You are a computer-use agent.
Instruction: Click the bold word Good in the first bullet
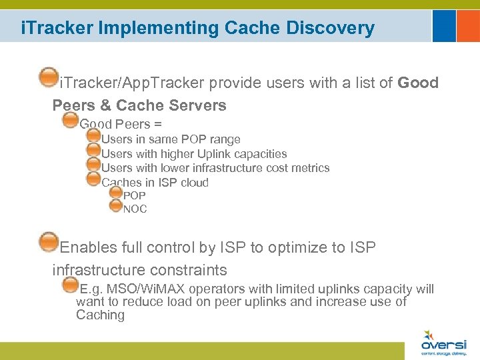tap(418, 83)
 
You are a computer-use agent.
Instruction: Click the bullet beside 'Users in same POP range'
tap(93, 136)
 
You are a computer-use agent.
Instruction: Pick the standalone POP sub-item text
tap(134, 196)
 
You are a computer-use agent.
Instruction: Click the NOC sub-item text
tap(135, 209)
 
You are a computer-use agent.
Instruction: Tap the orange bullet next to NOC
tap(115, 205)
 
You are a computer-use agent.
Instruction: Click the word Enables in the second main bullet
tap(89, 247)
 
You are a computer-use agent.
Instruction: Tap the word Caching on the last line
tap(100, 315)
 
